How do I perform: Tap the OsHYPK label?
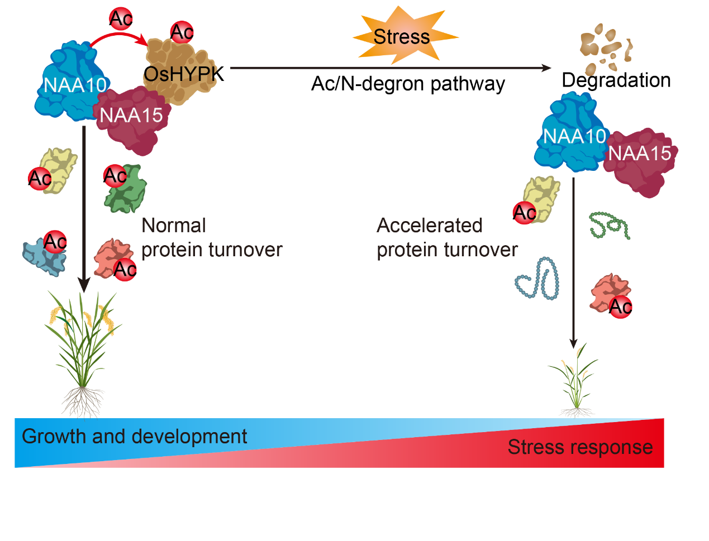pos(183,74)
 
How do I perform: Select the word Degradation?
pos(616,80)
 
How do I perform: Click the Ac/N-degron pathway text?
pos(408,84)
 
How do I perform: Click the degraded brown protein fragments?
pos(606,45)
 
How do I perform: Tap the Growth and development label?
pos(134,437)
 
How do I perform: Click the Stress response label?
pos(580,447)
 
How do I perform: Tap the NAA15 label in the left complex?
pos(131,116)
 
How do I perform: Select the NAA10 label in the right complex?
pos(574,136)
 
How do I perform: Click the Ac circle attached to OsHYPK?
pos(182,32)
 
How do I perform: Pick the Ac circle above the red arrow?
pos(121,19)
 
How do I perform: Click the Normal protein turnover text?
pos(211,238)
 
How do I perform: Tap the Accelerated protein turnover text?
pos(447,238)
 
